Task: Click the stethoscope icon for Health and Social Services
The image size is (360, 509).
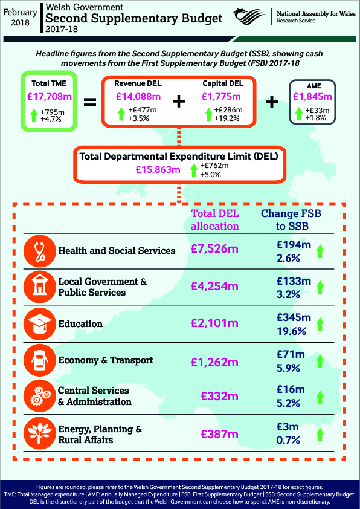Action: [40, 251]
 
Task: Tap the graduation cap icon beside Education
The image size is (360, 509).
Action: [40, 324]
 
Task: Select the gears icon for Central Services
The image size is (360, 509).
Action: [40, 397]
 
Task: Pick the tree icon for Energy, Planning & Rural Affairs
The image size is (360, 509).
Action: [40, 433]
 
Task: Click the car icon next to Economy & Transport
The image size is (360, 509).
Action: [40, 360]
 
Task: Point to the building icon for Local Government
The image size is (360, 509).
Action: [40, 287]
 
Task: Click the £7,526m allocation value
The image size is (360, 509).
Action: [214, 249]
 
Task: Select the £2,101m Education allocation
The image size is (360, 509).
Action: [214, 323]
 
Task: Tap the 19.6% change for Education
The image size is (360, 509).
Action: [291, 331]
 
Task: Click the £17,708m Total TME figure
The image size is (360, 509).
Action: [50, 96]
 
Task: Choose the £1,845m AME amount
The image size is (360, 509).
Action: [312, 96]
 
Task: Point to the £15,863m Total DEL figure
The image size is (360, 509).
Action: [158, 169]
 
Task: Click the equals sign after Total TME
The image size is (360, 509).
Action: [90, 103]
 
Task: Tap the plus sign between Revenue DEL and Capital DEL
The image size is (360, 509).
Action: [179, 102]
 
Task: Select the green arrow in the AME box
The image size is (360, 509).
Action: [299, 114]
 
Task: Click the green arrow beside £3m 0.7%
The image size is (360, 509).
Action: [320, 435]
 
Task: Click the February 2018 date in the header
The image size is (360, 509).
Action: [20, 17]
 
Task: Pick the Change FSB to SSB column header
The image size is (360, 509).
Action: [291, 220]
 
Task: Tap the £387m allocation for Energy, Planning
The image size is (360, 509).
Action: [220, 434]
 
